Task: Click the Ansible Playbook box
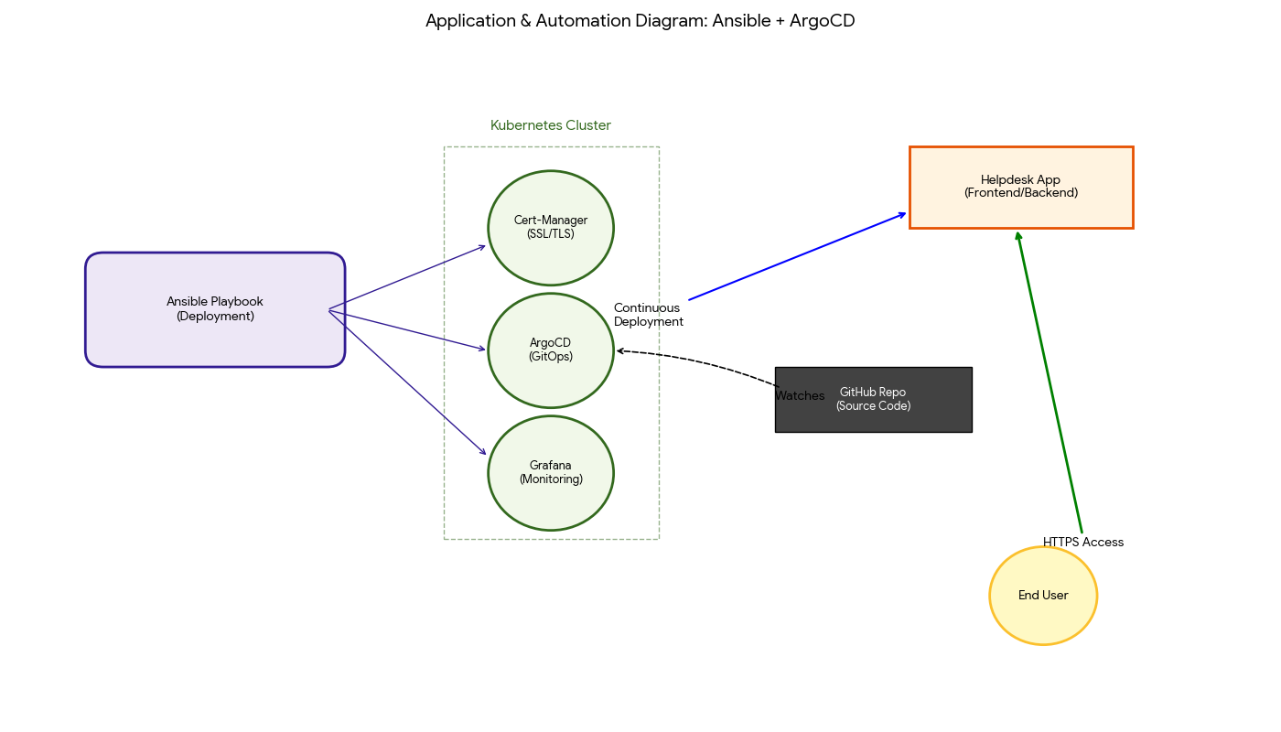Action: (x=215, y=309)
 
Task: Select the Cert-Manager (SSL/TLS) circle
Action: (x=551, y=228)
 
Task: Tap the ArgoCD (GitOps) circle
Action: (x=551, y=350)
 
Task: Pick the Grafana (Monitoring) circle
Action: (x=551, y=473)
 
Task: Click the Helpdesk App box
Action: (x=1021, y=187)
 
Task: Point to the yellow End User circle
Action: (x=1043, y=596)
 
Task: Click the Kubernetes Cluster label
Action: (x=551, y=125)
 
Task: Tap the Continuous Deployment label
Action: (x=648, y=315)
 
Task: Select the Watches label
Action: (x=800, y=396)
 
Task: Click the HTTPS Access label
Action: (x=1083, y=543)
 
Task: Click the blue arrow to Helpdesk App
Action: (x=796, y=256)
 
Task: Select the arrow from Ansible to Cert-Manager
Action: (x=407, y=277)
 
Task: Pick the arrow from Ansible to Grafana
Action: (x=407, y=382)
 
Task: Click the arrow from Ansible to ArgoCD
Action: (x=407, y=330)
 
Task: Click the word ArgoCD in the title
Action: (x=822, y=21)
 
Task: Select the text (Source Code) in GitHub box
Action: (x=873, y=406)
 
